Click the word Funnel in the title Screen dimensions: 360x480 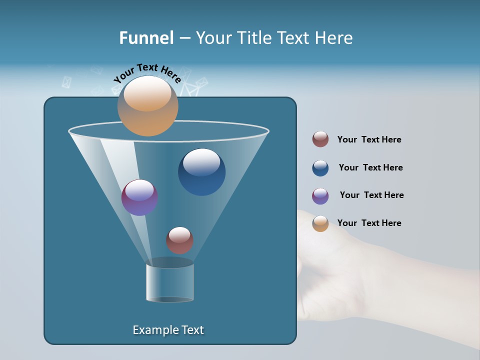click(146, 38)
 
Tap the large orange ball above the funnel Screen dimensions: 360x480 click(147, 106)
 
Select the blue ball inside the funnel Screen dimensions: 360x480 click(202, 171)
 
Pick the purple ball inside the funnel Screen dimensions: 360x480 click(139, 197)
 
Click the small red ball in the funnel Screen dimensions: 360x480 click(179, 240)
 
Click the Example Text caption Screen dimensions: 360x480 click(168, 330)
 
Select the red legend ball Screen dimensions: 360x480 click(320, 139)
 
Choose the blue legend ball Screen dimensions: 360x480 click(320, 168)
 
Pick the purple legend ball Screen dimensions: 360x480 click(320, 196)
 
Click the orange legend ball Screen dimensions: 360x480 click(320, 223)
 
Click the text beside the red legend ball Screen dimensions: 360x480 click(369, 139)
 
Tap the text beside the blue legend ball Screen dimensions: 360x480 click(370, 167)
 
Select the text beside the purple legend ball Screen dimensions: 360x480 click(371, 195)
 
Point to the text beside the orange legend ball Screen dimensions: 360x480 click(369, 223)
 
